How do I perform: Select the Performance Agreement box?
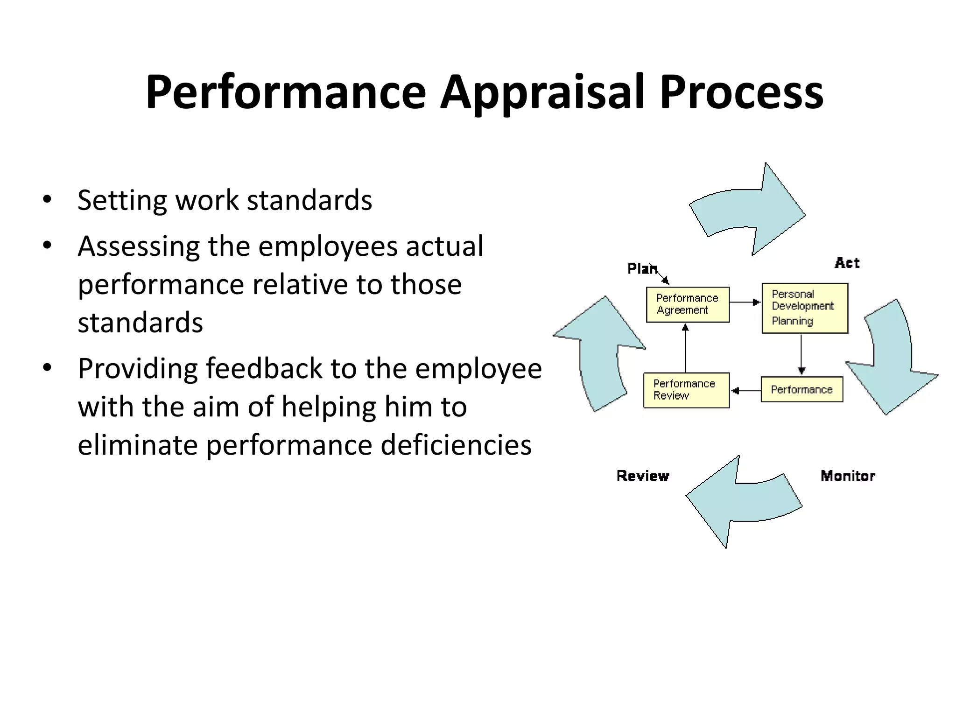[x=687, y=304]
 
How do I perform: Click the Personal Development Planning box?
[x=804, y=308]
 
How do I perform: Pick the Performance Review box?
[x=686, y=390]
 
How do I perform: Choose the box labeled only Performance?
[x=801, y=389]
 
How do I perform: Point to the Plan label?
[x=641, y=269]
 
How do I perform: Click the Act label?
[x=847, y=263]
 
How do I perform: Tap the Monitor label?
[x=848, y=476]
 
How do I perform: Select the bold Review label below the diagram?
[x=643, y=476]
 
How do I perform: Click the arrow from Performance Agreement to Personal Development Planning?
[x=745, y=302]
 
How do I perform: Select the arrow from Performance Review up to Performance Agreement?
[x=685, y=348]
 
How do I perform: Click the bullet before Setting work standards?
[x=47, y=200]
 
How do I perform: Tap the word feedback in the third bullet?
[x=264, y=368]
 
